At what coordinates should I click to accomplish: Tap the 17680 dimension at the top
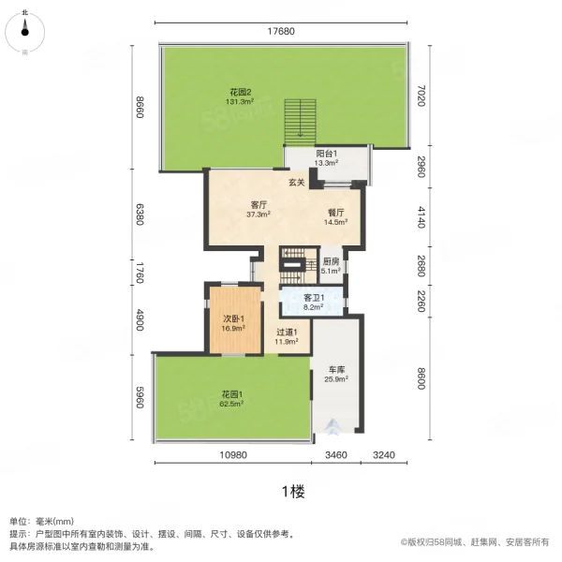click(280, 31)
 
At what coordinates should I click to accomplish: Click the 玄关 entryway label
click(296, 182)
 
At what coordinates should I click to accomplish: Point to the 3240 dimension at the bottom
click(384, 454)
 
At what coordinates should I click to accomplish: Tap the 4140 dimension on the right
click(422, 214)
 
